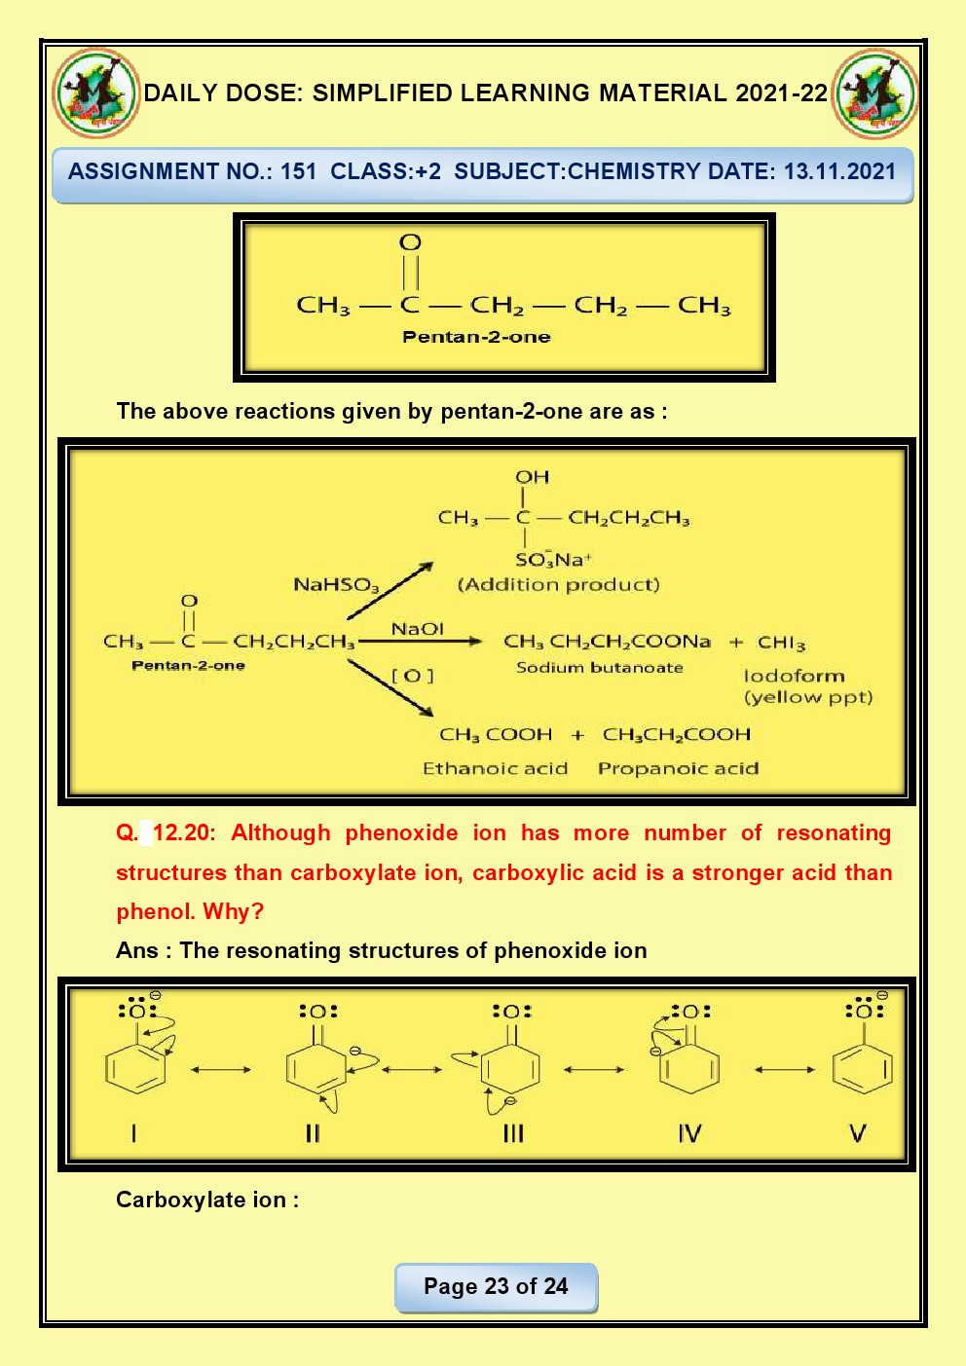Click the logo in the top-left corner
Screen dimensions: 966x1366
tap(95, 93)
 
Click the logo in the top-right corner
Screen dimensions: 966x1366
tap(875, 93)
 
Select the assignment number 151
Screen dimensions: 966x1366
tap(299, 172)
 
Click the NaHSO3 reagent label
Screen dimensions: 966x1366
tap(336, 585)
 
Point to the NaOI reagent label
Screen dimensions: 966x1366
tap(417, 629)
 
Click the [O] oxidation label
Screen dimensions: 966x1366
tap(412, 675)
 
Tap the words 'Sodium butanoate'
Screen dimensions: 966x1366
tap(599, 668)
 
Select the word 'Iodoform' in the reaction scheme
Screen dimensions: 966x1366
tap(794, 676)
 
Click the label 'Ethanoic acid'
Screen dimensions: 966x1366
tap(495, 768)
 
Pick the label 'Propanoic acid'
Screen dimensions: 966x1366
tap(678, 768)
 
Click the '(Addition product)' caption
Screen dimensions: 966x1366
tap(558, 584)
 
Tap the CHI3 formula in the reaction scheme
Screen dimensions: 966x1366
tap(781, 643)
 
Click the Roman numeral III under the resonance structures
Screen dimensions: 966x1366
tap(513, 1133)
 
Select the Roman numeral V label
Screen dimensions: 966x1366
tap(857, 1133)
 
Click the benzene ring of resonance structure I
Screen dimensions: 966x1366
tap(135, 1069)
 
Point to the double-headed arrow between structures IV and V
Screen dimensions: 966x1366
tap(784, 1069)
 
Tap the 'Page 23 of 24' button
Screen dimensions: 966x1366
tap(496, 1287)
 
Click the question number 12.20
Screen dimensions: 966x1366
tap(182, 833)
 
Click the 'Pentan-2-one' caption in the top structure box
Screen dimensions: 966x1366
tap(476, 337)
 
